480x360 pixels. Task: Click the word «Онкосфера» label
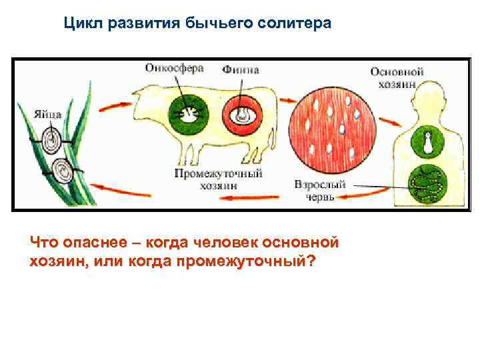click(174, 68)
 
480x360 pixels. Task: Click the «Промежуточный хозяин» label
click(218, 179)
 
